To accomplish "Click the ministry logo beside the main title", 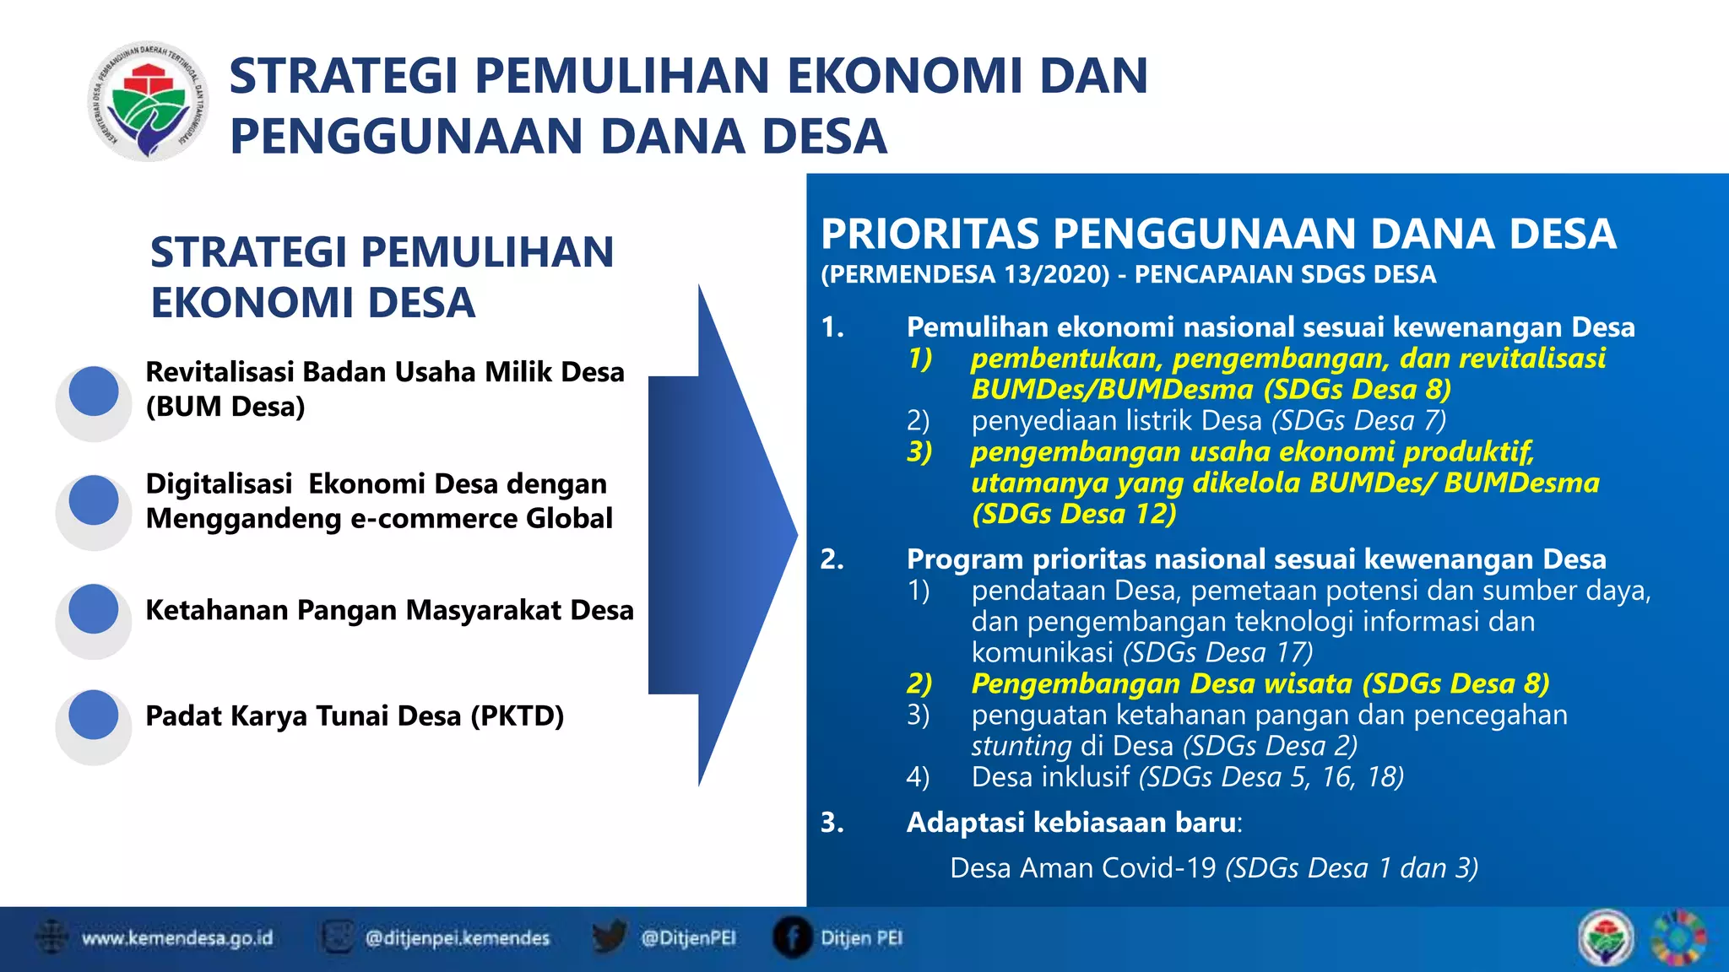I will coord(149,102).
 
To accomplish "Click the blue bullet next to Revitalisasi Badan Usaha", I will coord(94,391).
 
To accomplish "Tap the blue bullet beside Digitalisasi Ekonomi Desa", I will coord(94,500).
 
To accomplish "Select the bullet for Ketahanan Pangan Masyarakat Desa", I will coord(94,609).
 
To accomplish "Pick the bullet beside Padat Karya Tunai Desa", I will coord(94,715).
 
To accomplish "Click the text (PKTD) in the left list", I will coord(517,715).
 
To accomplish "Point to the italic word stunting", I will coord(1021,746).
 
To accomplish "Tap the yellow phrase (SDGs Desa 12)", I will coord(1074,513).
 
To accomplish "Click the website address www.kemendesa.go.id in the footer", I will coord(177,938).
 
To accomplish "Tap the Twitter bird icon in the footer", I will coord(608,937).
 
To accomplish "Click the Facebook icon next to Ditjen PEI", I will coord(792,937).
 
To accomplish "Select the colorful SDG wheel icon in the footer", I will coord(1678,937).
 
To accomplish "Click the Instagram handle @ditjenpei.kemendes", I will coord(457,938).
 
